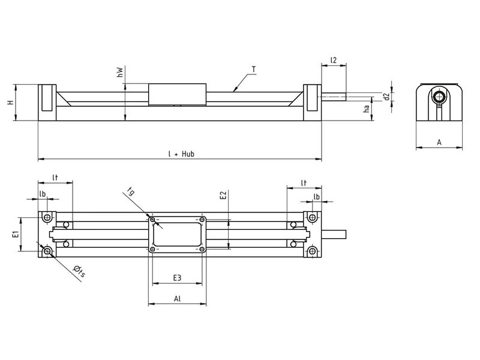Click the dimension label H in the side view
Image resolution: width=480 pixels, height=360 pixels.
[x=10, y=103]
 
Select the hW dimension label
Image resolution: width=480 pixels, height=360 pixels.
[x=120, y=73]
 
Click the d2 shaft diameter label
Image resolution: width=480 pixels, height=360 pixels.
[x=387, y=95]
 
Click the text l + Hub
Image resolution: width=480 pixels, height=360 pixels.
[x=181, y=154]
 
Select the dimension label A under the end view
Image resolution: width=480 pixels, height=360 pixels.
[x=439, y=142]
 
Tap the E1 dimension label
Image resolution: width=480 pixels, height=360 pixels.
[x=16, y=233]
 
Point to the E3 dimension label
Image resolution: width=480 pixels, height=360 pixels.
[x=178, y=277]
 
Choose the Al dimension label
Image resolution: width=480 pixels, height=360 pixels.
[x=178, y=298]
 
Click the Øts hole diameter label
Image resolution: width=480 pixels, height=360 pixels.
[x=79, y=273]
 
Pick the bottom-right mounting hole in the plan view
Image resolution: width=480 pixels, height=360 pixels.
[x=311, y=251]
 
